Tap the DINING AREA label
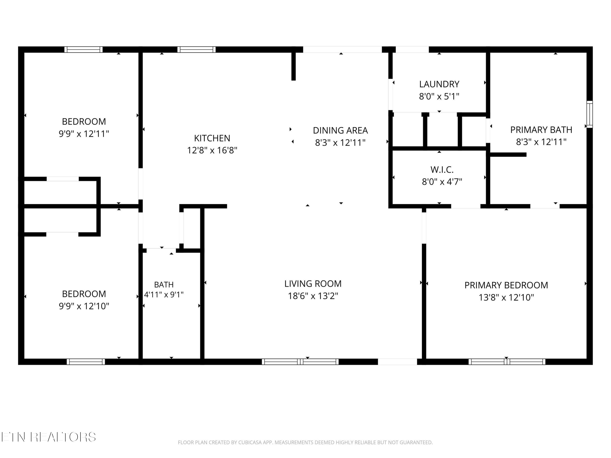coord(340,130)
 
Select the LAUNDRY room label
coord(439,84)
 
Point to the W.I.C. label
coord(442,170)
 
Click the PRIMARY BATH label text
coord(541,130)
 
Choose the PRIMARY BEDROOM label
coord(506,285)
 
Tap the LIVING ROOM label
coord(313,284)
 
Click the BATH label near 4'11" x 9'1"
coord(164,285)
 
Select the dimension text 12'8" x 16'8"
coord(212,150)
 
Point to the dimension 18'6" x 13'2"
coord(313,296)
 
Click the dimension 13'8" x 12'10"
coord(506,298)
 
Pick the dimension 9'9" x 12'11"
coord(84,134)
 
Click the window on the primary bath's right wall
coord(589,114)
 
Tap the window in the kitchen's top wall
coord(196,49)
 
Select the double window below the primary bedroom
coord(507,362)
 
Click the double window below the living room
coord(300,362)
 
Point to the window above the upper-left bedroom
coord(84,49)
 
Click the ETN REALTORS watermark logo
coord(49,437)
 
